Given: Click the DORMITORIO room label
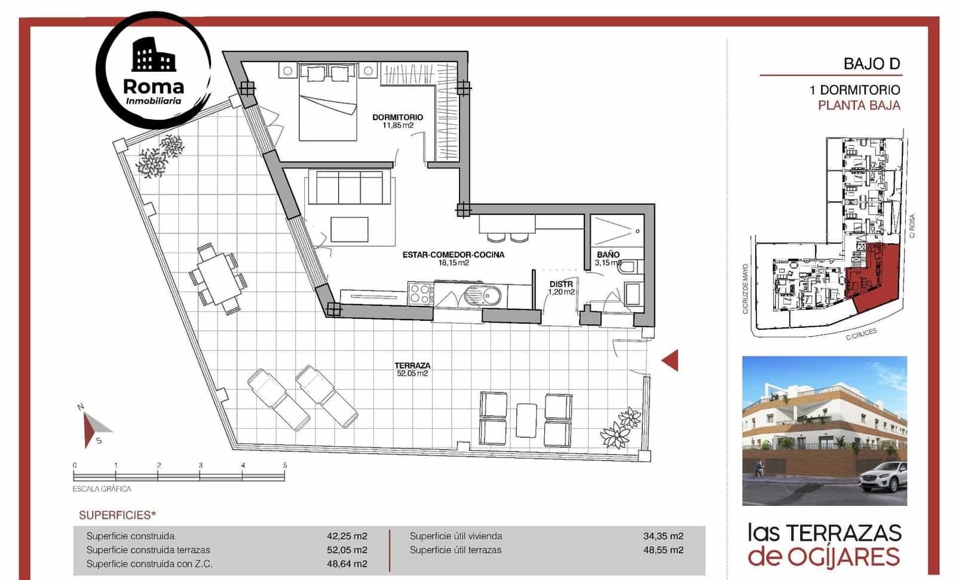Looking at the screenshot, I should [397, 117].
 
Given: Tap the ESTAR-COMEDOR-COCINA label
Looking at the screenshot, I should [453, 254].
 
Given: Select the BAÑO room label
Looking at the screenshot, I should [608, 254].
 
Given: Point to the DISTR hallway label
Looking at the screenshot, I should [561, 284].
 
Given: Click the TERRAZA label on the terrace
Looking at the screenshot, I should [412, 366].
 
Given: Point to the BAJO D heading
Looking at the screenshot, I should [872, 63].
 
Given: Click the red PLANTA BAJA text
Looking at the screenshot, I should [859, 106].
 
